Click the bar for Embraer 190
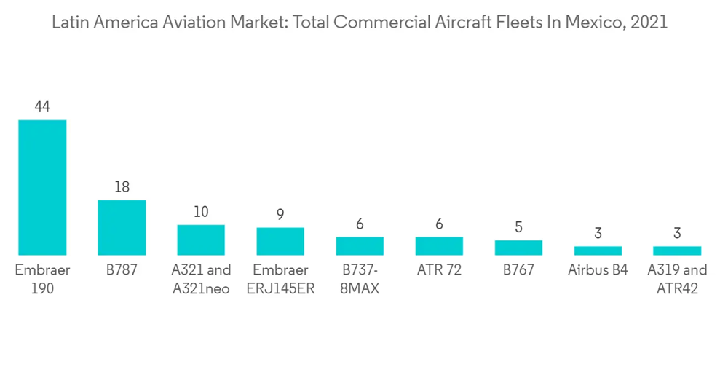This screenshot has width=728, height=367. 42,187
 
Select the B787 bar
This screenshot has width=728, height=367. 122,227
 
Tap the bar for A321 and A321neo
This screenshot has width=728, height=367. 201,240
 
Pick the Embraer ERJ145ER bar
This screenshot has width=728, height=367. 280,241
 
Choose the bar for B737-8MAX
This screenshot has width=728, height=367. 360,245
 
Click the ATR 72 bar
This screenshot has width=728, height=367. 439,245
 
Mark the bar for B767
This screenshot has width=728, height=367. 518,248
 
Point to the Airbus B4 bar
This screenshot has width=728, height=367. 598,250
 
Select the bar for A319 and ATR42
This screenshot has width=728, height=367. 677,250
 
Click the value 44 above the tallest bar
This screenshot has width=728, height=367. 42,107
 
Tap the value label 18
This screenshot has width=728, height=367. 122,187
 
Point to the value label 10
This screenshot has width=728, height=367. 201,212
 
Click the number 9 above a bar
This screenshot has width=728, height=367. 280,215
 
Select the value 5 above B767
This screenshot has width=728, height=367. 518,227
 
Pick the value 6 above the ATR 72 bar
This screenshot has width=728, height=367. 439,224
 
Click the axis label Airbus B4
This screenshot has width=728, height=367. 598,270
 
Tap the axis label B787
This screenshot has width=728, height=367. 122,270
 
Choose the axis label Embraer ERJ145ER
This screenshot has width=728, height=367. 280,279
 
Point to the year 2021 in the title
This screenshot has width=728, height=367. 650,23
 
